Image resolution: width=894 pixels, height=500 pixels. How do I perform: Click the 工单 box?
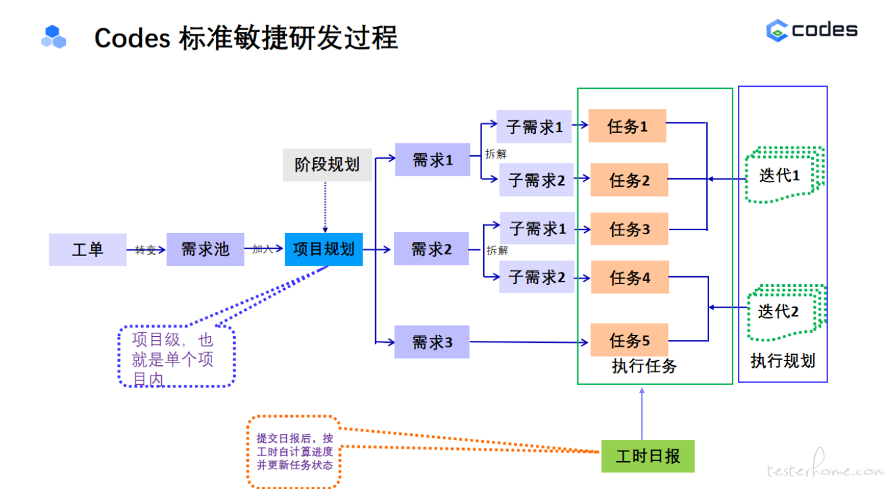coord(88,249)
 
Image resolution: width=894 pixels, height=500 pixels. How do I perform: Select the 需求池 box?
coord(205,249)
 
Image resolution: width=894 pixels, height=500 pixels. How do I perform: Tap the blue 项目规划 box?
coord(323,249)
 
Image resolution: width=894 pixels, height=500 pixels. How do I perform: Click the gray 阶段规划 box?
coord(327,164)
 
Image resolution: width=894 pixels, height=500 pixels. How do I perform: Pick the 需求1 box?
coord(433,160)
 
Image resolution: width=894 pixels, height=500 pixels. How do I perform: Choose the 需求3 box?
coord(432,342)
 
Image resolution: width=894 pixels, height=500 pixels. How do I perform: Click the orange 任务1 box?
coord(627,126)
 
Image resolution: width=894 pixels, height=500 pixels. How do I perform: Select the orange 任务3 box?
coord(629,229)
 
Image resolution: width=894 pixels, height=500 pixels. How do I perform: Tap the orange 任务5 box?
coord(629,340)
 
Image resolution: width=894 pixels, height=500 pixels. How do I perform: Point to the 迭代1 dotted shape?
coord(783,175)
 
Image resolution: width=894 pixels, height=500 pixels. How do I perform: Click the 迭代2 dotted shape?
coord(783,311)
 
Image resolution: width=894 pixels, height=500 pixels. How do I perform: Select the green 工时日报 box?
coord(648,457)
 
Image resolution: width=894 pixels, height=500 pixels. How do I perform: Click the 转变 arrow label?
coord(145,250)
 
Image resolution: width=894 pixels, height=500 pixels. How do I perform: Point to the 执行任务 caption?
coord(644,366)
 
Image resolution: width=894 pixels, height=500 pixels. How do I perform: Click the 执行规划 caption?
coord(783,361)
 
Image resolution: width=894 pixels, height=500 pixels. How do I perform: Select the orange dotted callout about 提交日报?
coord(294,451)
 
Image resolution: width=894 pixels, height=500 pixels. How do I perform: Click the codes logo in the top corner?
coord(812,30)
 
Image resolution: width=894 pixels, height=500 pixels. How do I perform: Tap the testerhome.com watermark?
coord(825,470)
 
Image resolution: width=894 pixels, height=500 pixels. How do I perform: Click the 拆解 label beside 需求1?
coord(496,154)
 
